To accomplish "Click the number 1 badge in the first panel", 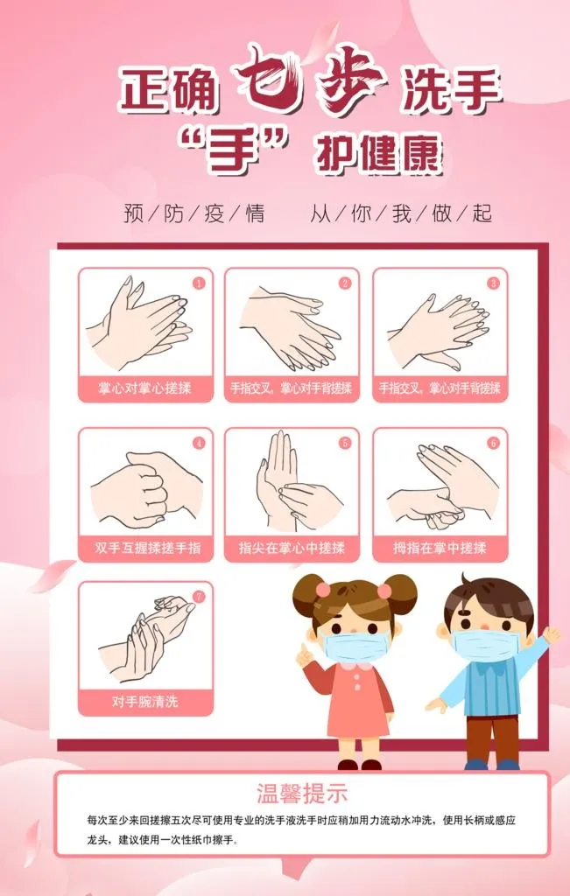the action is point(199,283).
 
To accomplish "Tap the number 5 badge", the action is point(345,443).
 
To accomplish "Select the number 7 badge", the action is point(199,597).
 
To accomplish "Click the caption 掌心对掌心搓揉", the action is point(145,388).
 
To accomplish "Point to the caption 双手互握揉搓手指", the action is point(147,548).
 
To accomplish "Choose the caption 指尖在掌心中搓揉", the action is point(292,548).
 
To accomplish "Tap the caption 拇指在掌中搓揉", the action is point(440,548).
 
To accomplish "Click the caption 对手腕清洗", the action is point(145,702).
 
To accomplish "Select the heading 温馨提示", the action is point(302,794).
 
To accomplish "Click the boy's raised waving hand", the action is point(551,635).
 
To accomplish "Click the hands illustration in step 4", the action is point(147,488).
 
